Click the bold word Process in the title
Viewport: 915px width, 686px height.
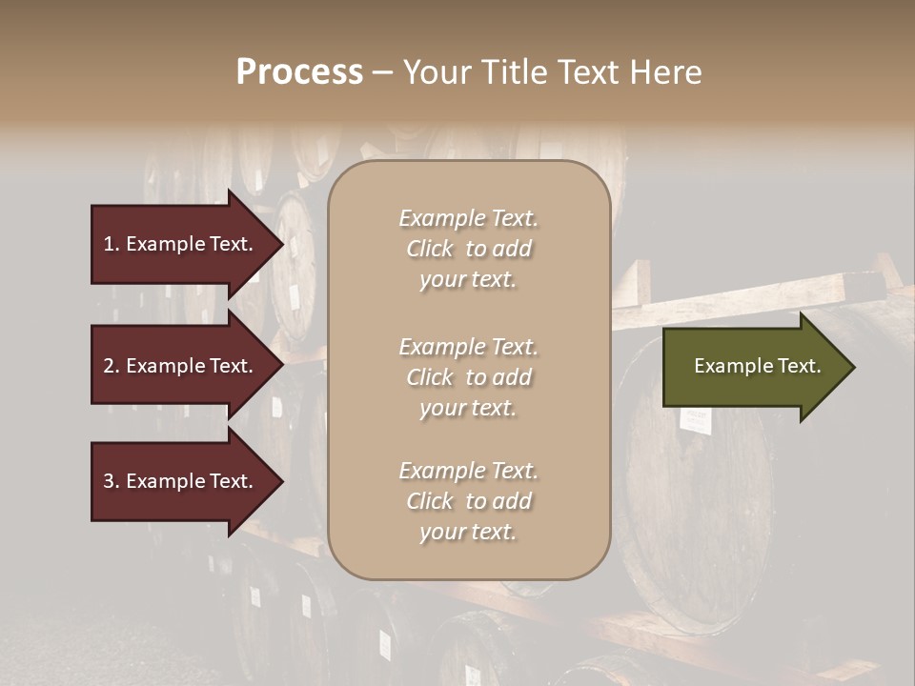point(299,72)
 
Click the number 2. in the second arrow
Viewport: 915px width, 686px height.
point(111,366)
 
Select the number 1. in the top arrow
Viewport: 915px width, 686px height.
point(111,244)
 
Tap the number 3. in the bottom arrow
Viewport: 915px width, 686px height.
point(111,481)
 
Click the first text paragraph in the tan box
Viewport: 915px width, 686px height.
point(468,249)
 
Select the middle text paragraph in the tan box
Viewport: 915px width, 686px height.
point(468,377)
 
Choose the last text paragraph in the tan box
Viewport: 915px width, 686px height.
point(468,501)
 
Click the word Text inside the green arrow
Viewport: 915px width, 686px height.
point(798,366)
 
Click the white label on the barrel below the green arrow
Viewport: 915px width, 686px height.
point(696,417)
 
